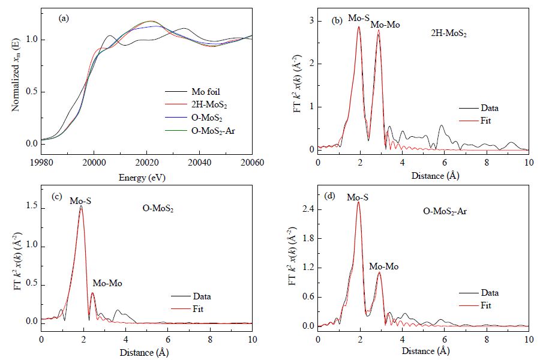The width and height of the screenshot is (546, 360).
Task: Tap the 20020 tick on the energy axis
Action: [x=146, y=163]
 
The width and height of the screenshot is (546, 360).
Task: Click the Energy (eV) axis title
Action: [x=142, y=178]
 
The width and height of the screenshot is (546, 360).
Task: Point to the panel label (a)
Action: [x=64, y=19]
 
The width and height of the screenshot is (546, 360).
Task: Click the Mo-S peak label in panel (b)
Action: [x=359, y=18]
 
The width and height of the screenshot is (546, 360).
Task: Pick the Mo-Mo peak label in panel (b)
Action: [x=385, y=25]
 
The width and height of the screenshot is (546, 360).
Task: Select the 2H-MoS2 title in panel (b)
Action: [x=449, y=34]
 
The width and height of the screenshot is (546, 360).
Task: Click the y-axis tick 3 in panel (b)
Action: [x=311, y=21]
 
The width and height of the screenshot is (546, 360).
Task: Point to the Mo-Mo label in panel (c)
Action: [x=107, y=283]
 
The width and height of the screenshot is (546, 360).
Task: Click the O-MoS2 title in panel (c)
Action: [x=158, y=209]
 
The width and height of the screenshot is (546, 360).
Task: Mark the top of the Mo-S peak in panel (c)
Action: [x=81, y=206]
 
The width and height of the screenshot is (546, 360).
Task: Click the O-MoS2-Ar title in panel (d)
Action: [x=445, y=211]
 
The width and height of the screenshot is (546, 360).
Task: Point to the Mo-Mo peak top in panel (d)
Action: [x=380, y=272]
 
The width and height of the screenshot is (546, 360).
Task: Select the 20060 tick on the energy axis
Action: [x=252, y=163]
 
